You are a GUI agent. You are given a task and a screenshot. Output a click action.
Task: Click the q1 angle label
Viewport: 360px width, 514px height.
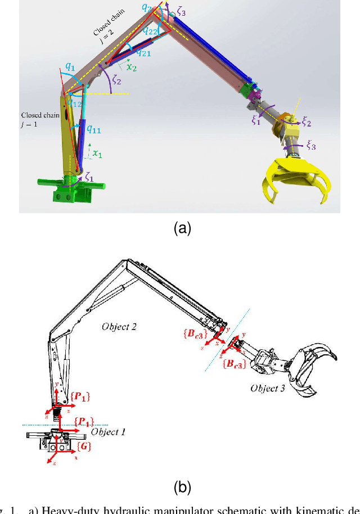[x=70, y=66]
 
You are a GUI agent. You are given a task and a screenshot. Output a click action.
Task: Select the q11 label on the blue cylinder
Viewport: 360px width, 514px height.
[x=93, y=129]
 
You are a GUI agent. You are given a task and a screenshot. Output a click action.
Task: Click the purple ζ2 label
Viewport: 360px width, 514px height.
[x=116, y=80]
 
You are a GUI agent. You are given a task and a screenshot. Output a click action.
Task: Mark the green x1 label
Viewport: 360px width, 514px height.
[x=97, y=152]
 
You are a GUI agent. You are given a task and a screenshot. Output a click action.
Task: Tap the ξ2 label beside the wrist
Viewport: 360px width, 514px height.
[x=306, y=121]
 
